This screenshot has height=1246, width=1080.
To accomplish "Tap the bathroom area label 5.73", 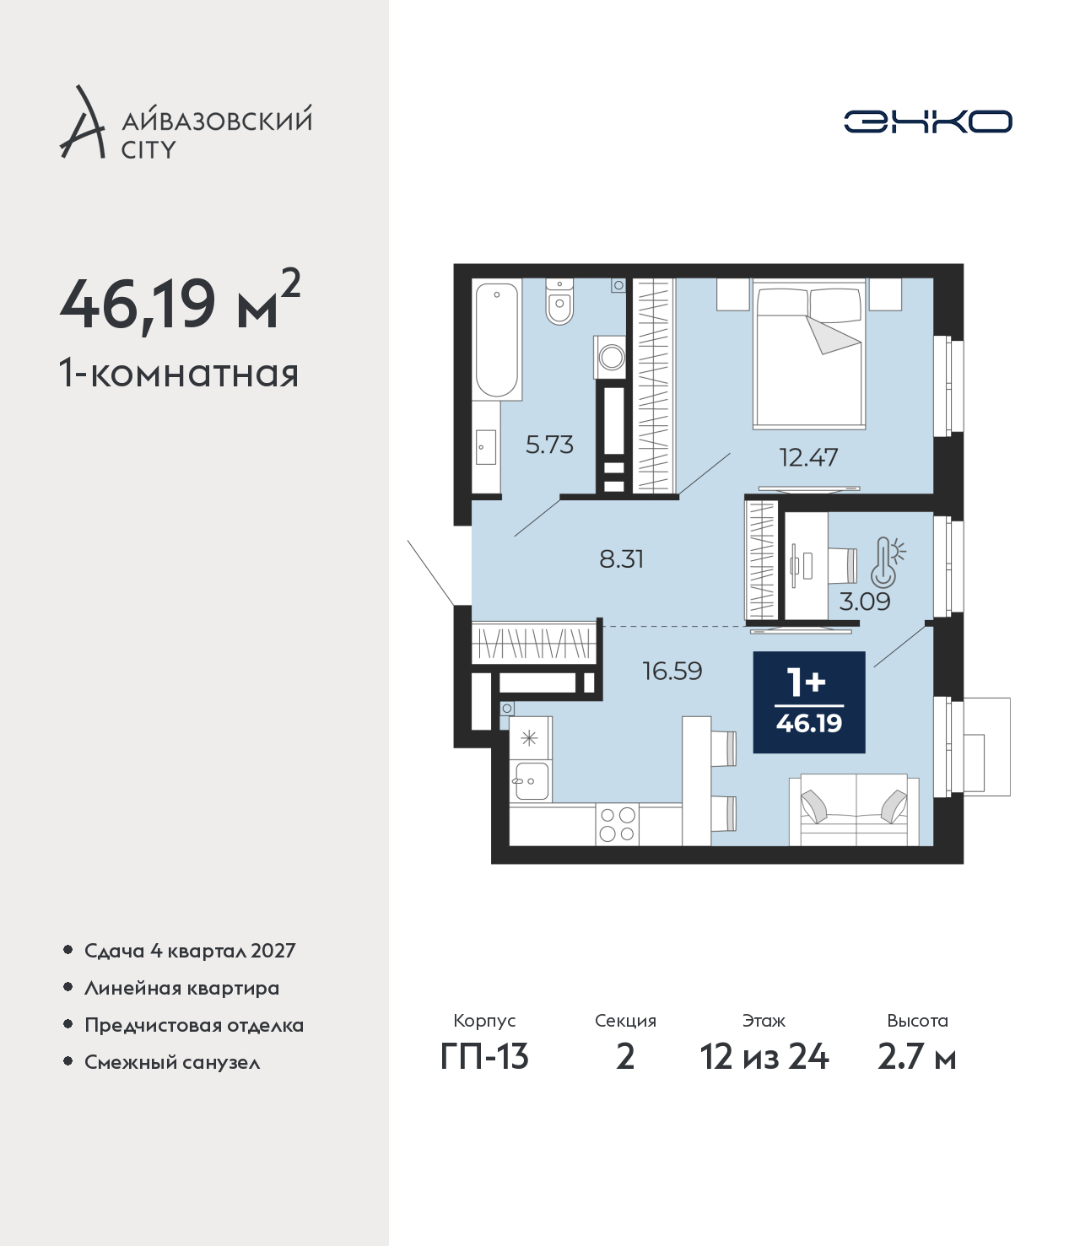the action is click(x=549, y=445).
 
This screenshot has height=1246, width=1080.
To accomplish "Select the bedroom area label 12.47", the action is click(x=808, y=457).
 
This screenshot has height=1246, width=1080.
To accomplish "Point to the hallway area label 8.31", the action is click(x=621, y=559).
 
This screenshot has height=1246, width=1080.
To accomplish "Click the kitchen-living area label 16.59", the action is click(x=672, y=671).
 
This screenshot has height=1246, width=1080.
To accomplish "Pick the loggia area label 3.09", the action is click(x=865, y=601).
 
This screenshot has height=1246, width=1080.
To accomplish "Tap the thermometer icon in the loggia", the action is click(x=888, y=562).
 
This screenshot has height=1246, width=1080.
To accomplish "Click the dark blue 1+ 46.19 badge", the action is click(x=809, y=702).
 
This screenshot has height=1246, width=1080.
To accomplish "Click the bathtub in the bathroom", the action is click(x=497, y=339).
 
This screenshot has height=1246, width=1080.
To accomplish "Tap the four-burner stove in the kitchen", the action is click(x=617, y=825).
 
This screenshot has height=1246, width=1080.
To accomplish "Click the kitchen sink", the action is click(x=531, y=780).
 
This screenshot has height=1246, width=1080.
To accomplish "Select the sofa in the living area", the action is click(x=854, y=810).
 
